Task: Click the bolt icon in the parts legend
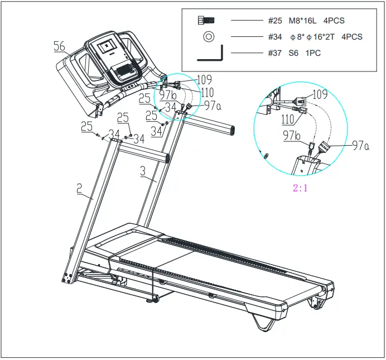pyautogui.click(x=206, y=21)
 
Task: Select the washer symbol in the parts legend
pyautogui.click(x=208, y=37)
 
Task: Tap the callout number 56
pyautogui.click(x=60, y=47)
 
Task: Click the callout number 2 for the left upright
pyautogui.click(x=80, y=189)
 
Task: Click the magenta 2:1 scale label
pyautogui.click(x=301, y=188)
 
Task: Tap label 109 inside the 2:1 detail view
pyautogui.click(x=320, y=94)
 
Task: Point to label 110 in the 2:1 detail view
pyautogui.click(x=288, y=119)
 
